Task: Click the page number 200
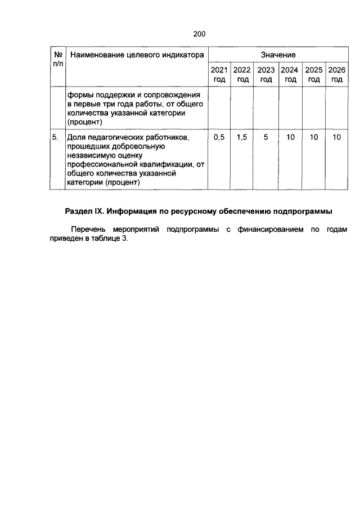pyautogui.click(x=199, y=34)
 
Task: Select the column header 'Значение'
pyautogui.click(x=278, y=55)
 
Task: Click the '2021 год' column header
pyautogui.click(x=219, y=75)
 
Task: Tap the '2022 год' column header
pyautogui.click(x=242, y=75)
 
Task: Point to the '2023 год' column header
pyautogui.click(x=266, y=75)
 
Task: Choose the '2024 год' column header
pyautogui.click(x=290, y=75)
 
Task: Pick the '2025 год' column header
pyautogui.click(x=313, y=75)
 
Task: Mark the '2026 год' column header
pyautogui.click(x=337, y=75)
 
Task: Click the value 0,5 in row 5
pyautogui.click(x=219, y=137)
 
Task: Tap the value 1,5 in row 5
pyautogui.click(x=242, y=137)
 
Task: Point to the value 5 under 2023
pyautogui.click(x=266, y=137)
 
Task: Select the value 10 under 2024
pyautogui.click(x=290, y=137)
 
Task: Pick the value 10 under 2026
pyautogui.click(x=337, y=137)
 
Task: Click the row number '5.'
pyautogui.click(x=56, y=137)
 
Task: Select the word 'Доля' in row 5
pyautogui.click(x=75, y=137)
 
